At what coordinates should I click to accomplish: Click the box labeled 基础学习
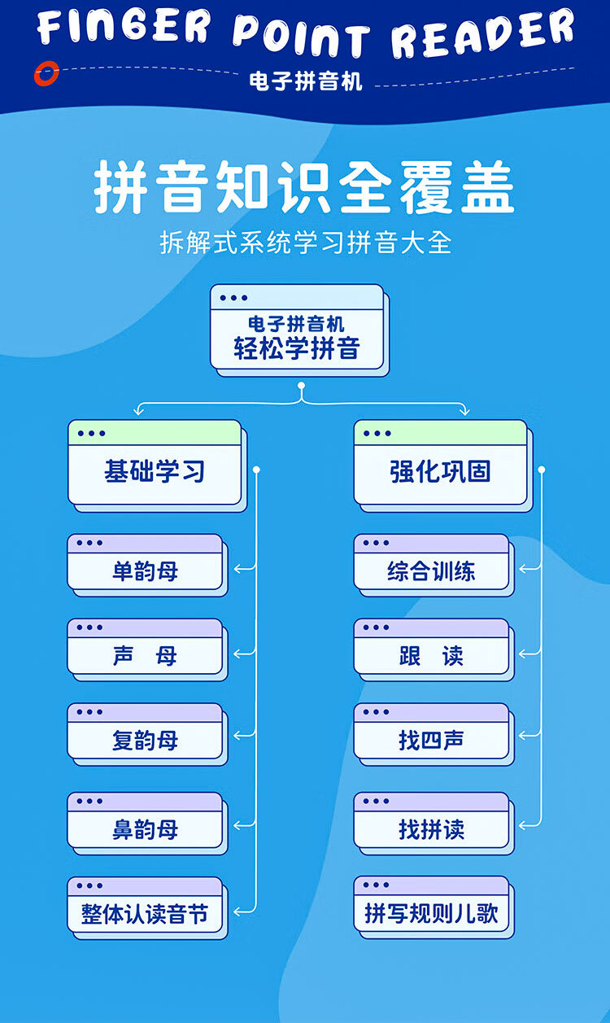[x=155, y=470]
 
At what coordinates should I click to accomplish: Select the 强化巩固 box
[x=440, y=470]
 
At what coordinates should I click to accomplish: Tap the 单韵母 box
[x=145, y=571]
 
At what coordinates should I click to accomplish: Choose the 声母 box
[x=145, y=655]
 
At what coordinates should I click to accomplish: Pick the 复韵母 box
[x=145, y=740]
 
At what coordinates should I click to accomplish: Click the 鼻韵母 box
[x=145, y=828]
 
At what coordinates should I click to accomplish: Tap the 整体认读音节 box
[x=145, y=913]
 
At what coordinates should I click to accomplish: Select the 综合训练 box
[x=431, y=571]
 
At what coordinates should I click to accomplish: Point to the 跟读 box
[x=431, y=655]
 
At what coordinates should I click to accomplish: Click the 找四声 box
[x=431, y=740]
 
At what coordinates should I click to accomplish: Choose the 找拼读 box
[x=431, y=828]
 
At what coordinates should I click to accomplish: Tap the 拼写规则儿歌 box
[x=431, y=913]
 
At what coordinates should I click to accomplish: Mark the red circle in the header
[x=46, y=74]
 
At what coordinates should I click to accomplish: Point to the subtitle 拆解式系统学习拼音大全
[x=305, y=243]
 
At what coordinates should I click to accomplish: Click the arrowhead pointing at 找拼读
[x=525, y=825]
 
